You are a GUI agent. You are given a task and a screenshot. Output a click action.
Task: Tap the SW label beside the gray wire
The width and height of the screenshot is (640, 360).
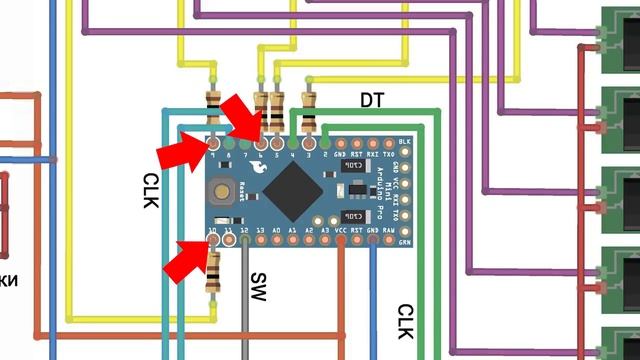(x=258, y=288)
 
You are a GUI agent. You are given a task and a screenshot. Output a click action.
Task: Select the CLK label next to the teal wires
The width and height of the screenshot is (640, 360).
(x=150, y=188)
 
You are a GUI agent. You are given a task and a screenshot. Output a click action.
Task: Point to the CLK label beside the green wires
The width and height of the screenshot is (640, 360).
(x=405, y=322)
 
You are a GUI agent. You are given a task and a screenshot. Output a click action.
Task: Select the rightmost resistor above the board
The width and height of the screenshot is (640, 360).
(x=309, y=112)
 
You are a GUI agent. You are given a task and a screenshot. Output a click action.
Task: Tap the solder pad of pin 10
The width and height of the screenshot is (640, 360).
(x=212, y=241)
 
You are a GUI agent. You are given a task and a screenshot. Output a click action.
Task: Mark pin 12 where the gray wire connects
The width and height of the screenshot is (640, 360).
(x=245, y=241)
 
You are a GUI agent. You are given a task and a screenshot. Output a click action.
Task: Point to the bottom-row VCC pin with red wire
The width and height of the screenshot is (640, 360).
(x=341, y=241)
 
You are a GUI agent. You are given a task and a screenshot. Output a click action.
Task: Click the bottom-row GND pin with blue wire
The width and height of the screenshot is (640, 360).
(x=373, y=241)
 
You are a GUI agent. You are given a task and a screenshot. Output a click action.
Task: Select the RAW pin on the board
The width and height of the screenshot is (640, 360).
(x=406, y=241)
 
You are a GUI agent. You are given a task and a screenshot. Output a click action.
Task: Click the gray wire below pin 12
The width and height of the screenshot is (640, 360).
(x=245, y=300)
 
